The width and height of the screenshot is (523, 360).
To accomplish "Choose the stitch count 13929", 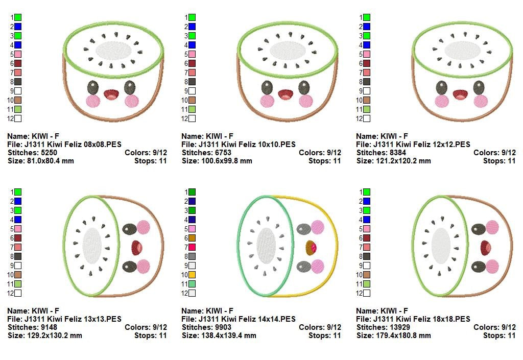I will [399, 327].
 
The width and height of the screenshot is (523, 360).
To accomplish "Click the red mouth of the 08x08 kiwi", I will [111, 94].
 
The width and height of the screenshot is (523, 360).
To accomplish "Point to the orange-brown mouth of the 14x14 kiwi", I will [311, 248].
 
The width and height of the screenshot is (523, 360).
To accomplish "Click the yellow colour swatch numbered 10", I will [192, 275].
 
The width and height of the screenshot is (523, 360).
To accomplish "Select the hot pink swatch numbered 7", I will [192, 247].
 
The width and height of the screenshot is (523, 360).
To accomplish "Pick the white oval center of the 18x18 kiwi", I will [441, 245].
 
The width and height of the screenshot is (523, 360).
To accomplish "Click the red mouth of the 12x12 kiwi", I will [460, 94].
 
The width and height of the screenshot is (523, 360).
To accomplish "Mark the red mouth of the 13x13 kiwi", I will [136, 248].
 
